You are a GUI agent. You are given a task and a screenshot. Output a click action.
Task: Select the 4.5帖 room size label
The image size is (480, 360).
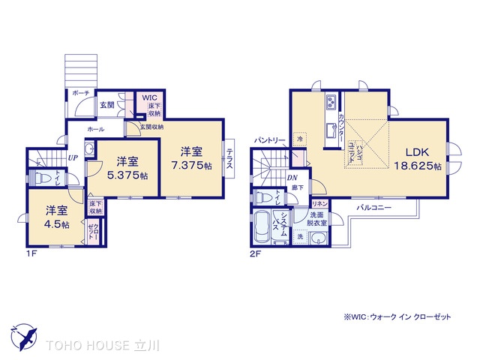tap(56, 224)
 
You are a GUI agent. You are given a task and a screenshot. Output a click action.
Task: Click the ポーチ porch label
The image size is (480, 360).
tap(81, 92)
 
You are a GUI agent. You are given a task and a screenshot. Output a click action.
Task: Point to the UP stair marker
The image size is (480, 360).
tap(73, 158)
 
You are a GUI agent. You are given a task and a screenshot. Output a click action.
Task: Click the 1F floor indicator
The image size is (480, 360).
tap(32, 253)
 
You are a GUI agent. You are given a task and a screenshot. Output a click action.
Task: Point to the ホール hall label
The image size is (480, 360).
tap(97, 129)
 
